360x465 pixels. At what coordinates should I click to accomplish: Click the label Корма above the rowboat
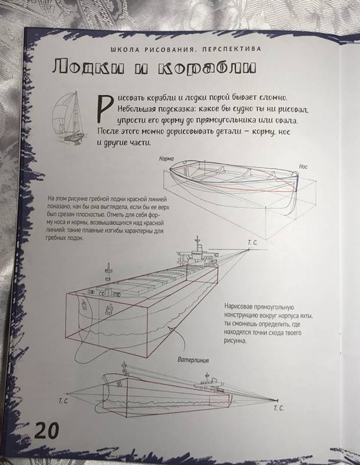click(x=166, y=159)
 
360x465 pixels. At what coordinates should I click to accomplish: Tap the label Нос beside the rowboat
click(x=303, y=167)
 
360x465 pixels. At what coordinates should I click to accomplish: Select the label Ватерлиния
click(x=193, y=360)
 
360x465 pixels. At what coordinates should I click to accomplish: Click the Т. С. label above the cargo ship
click(x=253, y=243)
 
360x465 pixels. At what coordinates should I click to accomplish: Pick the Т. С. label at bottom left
click(x=63, y=402)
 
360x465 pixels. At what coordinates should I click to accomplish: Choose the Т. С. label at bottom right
click(x=279, y=408)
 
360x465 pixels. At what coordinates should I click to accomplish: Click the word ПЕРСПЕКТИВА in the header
click(x=232, y=49)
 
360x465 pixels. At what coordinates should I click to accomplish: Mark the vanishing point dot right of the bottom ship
click(x=278, y=400)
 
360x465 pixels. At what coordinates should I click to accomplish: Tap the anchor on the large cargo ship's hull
click(x=109, y=310)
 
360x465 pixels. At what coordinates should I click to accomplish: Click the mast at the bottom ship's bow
click(x=124, y=368)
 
